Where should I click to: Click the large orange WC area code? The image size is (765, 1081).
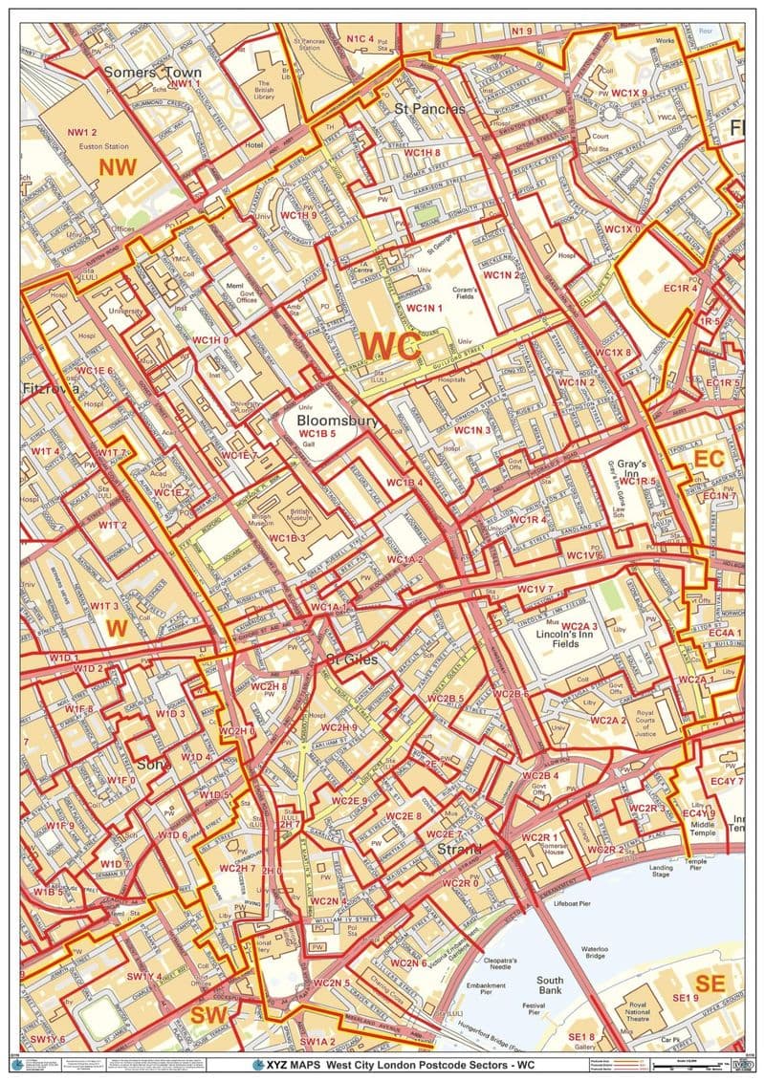[390, 344]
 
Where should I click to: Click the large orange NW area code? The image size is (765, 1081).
[118, 167]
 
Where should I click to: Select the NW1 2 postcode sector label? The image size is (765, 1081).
[83, 132]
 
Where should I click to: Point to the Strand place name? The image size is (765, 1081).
[460, 849]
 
